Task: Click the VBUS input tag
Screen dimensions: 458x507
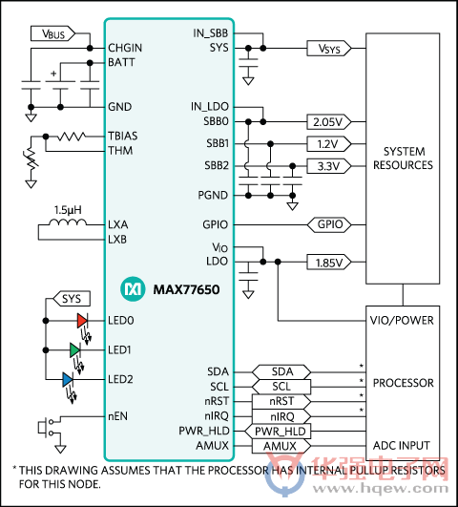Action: [52, 33]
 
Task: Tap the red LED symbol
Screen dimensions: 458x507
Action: [82, 321]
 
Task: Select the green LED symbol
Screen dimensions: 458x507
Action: [75, 349]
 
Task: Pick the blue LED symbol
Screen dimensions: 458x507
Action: [68, 379]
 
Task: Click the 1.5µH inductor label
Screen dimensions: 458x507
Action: [68, 210]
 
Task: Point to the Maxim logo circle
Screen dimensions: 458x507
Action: [133, 288]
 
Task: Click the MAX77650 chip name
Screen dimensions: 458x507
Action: [186, 289]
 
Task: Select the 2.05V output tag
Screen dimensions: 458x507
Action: [329, 122]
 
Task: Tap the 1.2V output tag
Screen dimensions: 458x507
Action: [329, 144]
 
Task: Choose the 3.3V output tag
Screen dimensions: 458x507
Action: [329, 166]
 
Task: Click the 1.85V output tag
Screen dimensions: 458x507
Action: [329, 263]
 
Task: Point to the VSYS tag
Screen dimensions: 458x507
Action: [329, 49]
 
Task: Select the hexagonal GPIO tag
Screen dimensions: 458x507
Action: [329, 224]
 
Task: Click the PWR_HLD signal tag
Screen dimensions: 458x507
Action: [278, 431]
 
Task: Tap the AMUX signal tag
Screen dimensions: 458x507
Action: [281, 446]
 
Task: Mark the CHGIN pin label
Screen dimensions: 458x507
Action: [125, 48]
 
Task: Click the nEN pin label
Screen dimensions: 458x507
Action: [117, 416]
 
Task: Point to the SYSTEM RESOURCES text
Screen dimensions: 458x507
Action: [403, 158]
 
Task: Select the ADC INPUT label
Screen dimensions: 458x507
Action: [402, 446]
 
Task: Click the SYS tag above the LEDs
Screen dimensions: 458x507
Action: [72, 299]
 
